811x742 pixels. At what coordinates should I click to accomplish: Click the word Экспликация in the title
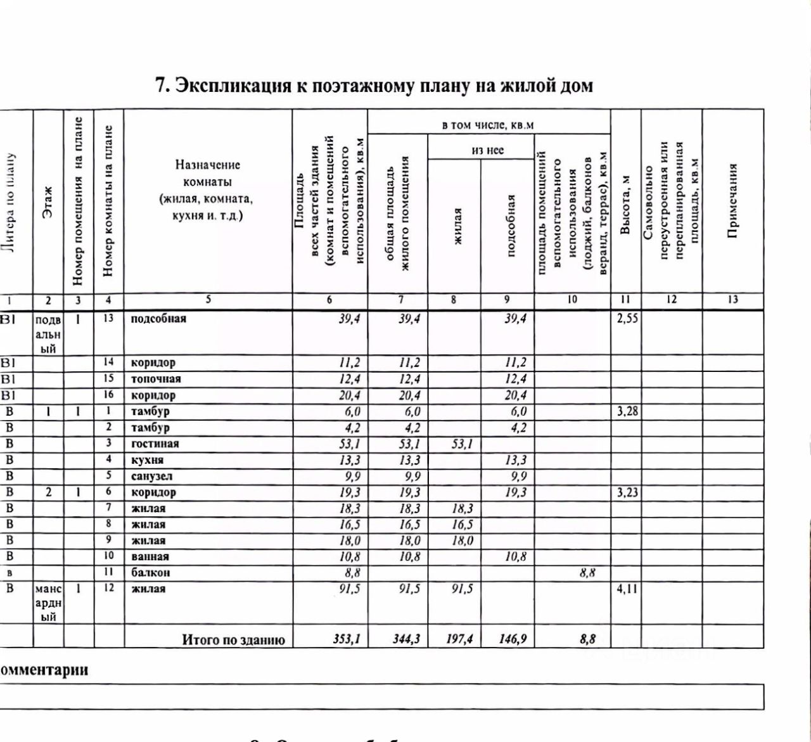point(232,86)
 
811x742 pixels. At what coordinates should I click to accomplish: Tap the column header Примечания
point(732,201)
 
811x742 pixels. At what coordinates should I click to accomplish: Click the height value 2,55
point(627,319)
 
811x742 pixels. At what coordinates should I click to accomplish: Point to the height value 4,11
point(627,589)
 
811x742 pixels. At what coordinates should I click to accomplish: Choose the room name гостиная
point(155,444)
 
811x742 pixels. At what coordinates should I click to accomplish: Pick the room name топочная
point(156,379)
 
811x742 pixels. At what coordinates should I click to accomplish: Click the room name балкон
point(150,573)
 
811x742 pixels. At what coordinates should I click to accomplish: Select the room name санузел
point(151,477)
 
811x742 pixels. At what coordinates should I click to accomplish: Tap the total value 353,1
point(347,639)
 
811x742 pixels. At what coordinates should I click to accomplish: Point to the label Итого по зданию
point(233,640)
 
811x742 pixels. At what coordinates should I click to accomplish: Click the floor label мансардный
point(48,603)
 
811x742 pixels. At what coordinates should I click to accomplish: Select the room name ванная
point(150,557)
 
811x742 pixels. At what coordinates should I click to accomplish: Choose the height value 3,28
point(627,412)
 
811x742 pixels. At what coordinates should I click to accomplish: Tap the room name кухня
point(147,461)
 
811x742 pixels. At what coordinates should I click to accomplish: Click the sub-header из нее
point(487,150)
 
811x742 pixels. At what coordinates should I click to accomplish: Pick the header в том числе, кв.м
point(488,125)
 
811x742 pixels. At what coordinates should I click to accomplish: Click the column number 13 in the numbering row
point(733,300)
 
